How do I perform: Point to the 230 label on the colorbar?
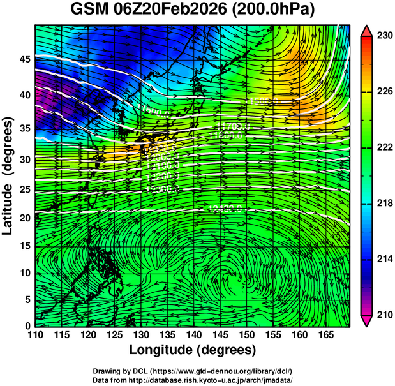(384, 36)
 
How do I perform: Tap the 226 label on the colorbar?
(384, 91)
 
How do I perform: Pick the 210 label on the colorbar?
(384, 314)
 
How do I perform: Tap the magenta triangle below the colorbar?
(367, 320)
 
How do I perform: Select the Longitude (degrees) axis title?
(193, 350)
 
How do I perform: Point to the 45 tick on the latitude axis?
(25, 59)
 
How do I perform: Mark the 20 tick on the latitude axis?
(25, 218)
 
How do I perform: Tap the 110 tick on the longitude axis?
(36, 334)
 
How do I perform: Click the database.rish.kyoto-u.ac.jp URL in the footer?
(218, 379)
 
